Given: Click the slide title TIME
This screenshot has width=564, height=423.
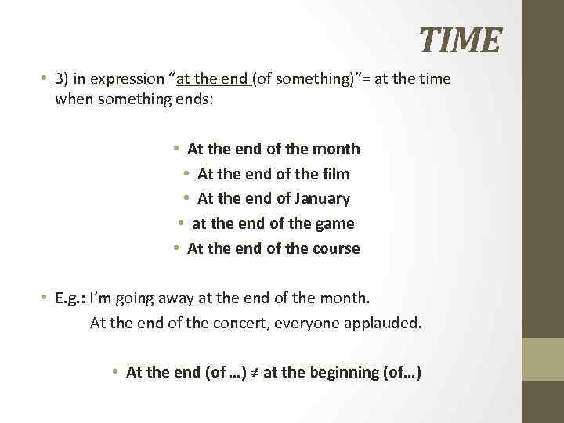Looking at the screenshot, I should [x=460, y=41].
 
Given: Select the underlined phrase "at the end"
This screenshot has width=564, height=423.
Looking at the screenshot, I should [x=214, y=79].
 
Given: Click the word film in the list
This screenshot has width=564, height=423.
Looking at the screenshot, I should [x=336, y=173].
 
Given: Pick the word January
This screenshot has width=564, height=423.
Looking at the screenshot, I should [x=321, y=198].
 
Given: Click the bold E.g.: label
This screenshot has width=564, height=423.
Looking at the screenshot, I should [x=70, y=298].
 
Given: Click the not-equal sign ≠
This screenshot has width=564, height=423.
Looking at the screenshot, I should [x=255, y=372].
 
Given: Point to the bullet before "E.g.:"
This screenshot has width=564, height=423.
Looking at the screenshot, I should [x=45, y=298].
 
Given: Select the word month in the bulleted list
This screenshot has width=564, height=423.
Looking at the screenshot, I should [x=337, y=148].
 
